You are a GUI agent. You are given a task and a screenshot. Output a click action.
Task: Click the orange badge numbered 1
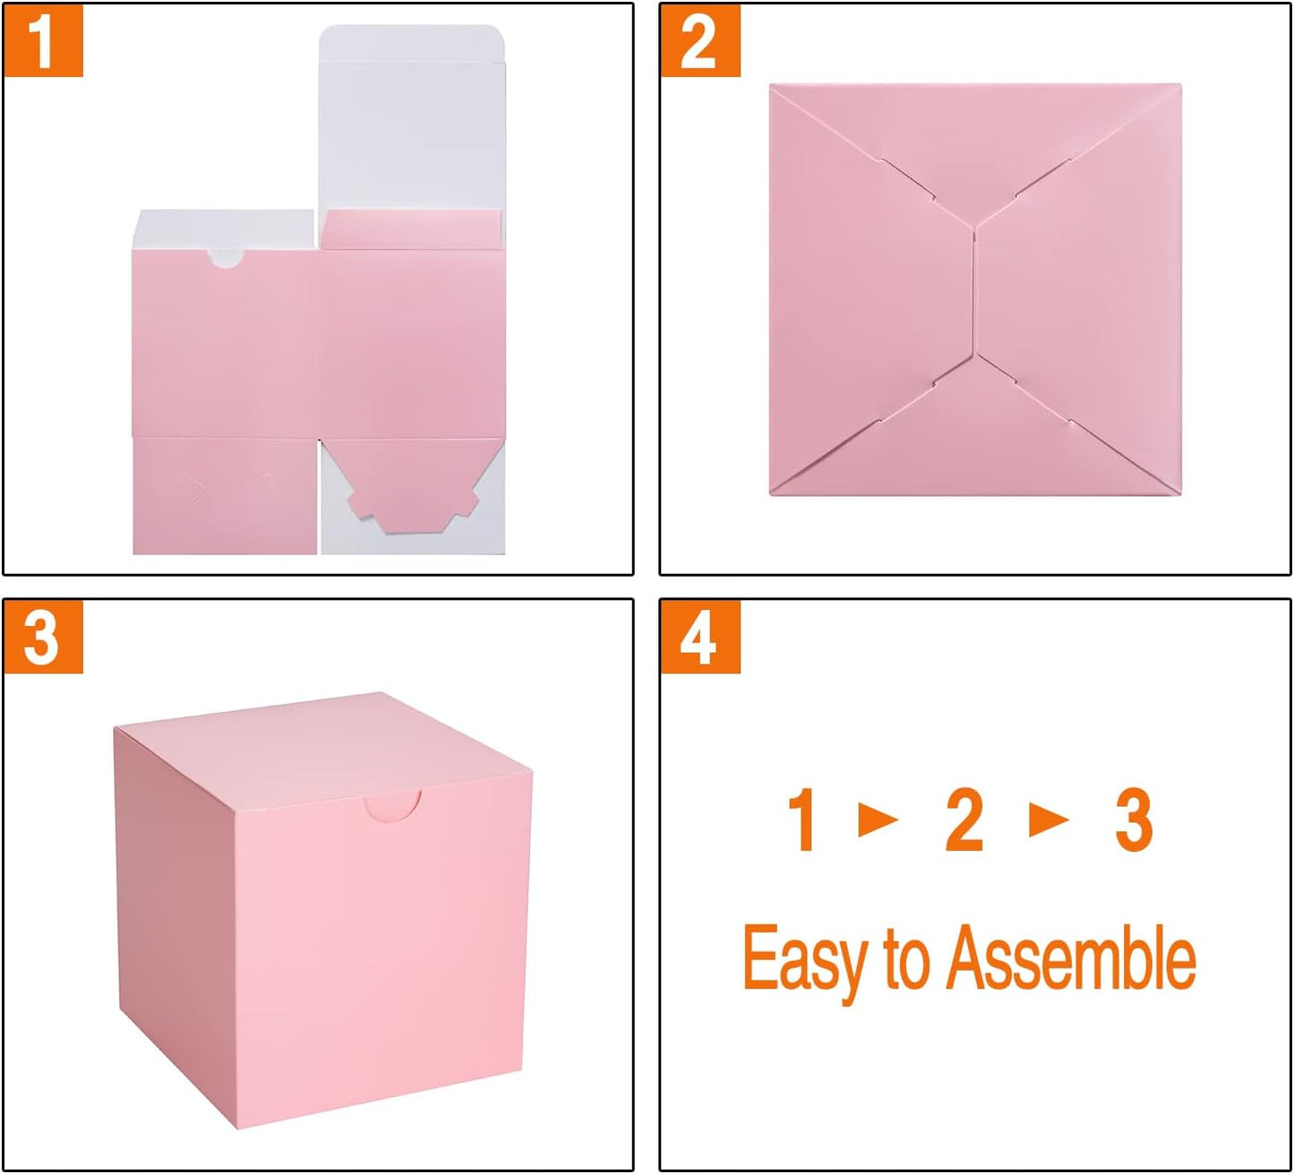(43, 40)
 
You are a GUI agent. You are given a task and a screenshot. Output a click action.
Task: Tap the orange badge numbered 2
(699, 40)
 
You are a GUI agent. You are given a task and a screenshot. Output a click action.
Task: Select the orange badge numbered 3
(43, 637)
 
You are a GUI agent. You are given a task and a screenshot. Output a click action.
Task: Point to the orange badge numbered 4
(699, 637)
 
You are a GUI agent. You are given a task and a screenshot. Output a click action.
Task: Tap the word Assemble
(1071, 958)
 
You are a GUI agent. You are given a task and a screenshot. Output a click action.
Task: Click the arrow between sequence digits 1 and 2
(878, 818)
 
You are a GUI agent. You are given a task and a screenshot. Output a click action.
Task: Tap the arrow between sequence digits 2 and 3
(1049, 818)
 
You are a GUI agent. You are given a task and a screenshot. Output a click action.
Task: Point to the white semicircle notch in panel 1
(226, 259)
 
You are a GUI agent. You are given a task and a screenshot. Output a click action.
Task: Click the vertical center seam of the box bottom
(973, 291)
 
